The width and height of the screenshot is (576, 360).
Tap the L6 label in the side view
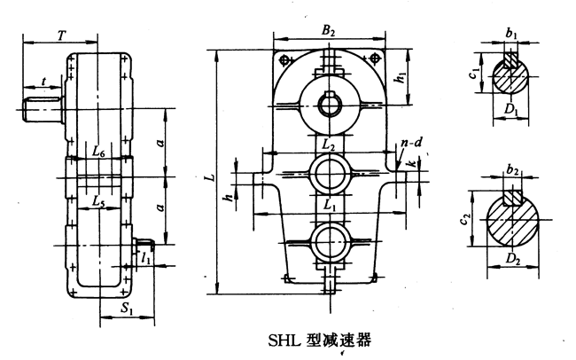[x=99, y=153]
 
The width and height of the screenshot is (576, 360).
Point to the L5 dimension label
[x=99, y=200]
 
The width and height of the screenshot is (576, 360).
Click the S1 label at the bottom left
[x=127, y=310]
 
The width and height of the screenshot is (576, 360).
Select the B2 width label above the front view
[x=329, y=31]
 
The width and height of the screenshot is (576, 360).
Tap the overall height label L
[x=207, y=176]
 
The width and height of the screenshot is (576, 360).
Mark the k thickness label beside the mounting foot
[x=410, y=163]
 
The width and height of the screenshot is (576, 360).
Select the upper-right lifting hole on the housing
[x=376, y=59]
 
